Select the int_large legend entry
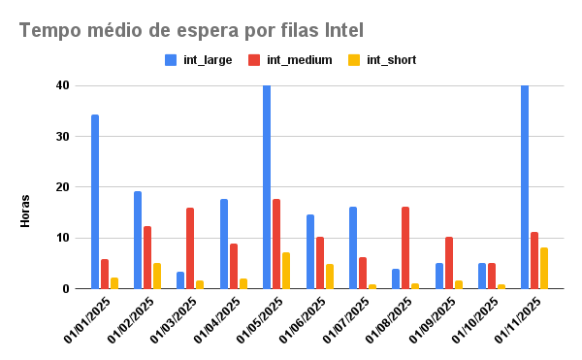click(x=200, y=60)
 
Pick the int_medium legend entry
click(x=291, y=60)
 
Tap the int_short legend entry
click(x=382, y=60)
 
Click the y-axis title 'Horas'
click(x=25, y=211)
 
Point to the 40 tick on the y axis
click(x=62, y=85)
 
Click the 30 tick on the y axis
click(x=62, y=137)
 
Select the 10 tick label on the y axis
click(x=62, y=238)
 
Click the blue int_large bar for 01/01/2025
click(x=95, y=202)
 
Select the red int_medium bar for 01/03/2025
click(x=190, y=248)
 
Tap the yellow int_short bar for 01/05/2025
click(x=286, y=271)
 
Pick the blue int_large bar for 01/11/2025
click(x=525, y=187)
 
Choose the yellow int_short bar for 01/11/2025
click(x=544, y=268)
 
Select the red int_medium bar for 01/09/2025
click(x=448, y=263)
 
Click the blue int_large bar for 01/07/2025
click(x=353, y=247)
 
